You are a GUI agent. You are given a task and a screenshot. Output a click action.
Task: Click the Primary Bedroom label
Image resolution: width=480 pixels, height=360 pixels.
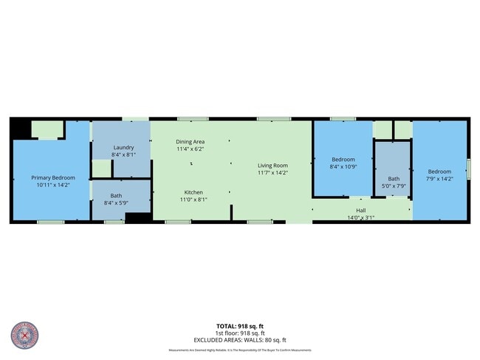pos(52,177)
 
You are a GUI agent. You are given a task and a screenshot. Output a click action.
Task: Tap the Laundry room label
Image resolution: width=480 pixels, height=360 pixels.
pos(123,147)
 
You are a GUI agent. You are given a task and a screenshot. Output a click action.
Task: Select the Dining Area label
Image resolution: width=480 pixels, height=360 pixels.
pos(190,141)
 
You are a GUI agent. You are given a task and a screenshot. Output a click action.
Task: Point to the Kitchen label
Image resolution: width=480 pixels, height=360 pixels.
pos(193,191)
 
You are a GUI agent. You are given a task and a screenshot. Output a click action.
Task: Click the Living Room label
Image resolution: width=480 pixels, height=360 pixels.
pos(272,165)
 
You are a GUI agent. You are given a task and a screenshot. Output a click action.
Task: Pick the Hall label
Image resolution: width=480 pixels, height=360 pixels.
pos(360,210)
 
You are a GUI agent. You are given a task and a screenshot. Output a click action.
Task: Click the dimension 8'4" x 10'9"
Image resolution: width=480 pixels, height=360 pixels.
pos(343,166)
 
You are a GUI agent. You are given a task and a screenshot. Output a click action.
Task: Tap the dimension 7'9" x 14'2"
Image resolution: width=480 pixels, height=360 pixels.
pos(439,178)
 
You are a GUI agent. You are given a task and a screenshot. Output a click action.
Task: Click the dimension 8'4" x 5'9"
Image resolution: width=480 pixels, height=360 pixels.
pos(117,203)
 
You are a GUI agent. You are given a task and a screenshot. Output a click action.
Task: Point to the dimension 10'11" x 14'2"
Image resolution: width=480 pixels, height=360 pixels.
pos(52,185)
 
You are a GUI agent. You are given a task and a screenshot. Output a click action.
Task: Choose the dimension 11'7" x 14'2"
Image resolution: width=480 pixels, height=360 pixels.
pos(272,172)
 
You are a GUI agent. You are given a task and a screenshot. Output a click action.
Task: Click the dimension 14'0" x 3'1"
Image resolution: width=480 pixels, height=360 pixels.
pos(360,217)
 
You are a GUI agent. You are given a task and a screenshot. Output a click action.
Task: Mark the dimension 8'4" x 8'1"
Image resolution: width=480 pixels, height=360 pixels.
pos(123,154)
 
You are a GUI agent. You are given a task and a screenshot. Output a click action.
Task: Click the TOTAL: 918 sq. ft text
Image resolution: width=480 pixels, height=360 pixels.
pos(240,326)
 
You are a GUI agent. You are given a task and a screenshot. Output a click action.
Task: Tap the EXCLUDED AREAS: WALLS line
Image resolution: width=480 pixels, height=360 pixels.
pos(240,340)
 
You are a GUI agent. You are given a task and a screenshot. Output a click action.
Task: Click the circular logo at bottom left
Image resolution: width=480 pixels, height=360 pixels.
pos(24,336)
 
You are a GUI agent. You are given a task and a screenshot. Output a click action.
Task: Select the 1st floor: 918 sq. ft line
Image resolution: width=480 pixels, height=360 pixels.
pos(240,333)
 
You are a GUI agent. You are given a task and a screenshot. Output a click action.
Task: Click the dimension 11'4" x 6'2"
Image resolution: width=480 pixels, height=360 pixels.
pos(190,149)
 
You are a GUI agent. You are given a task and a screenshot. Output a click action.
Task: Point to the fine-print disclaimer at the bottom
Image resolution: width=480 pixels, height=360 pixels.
pos(240,350)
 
